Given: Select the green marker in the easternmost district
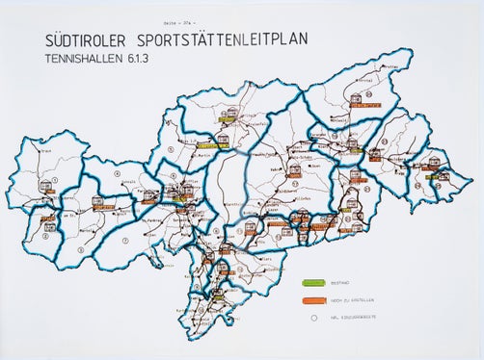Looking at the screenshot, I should coord(444,175).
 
